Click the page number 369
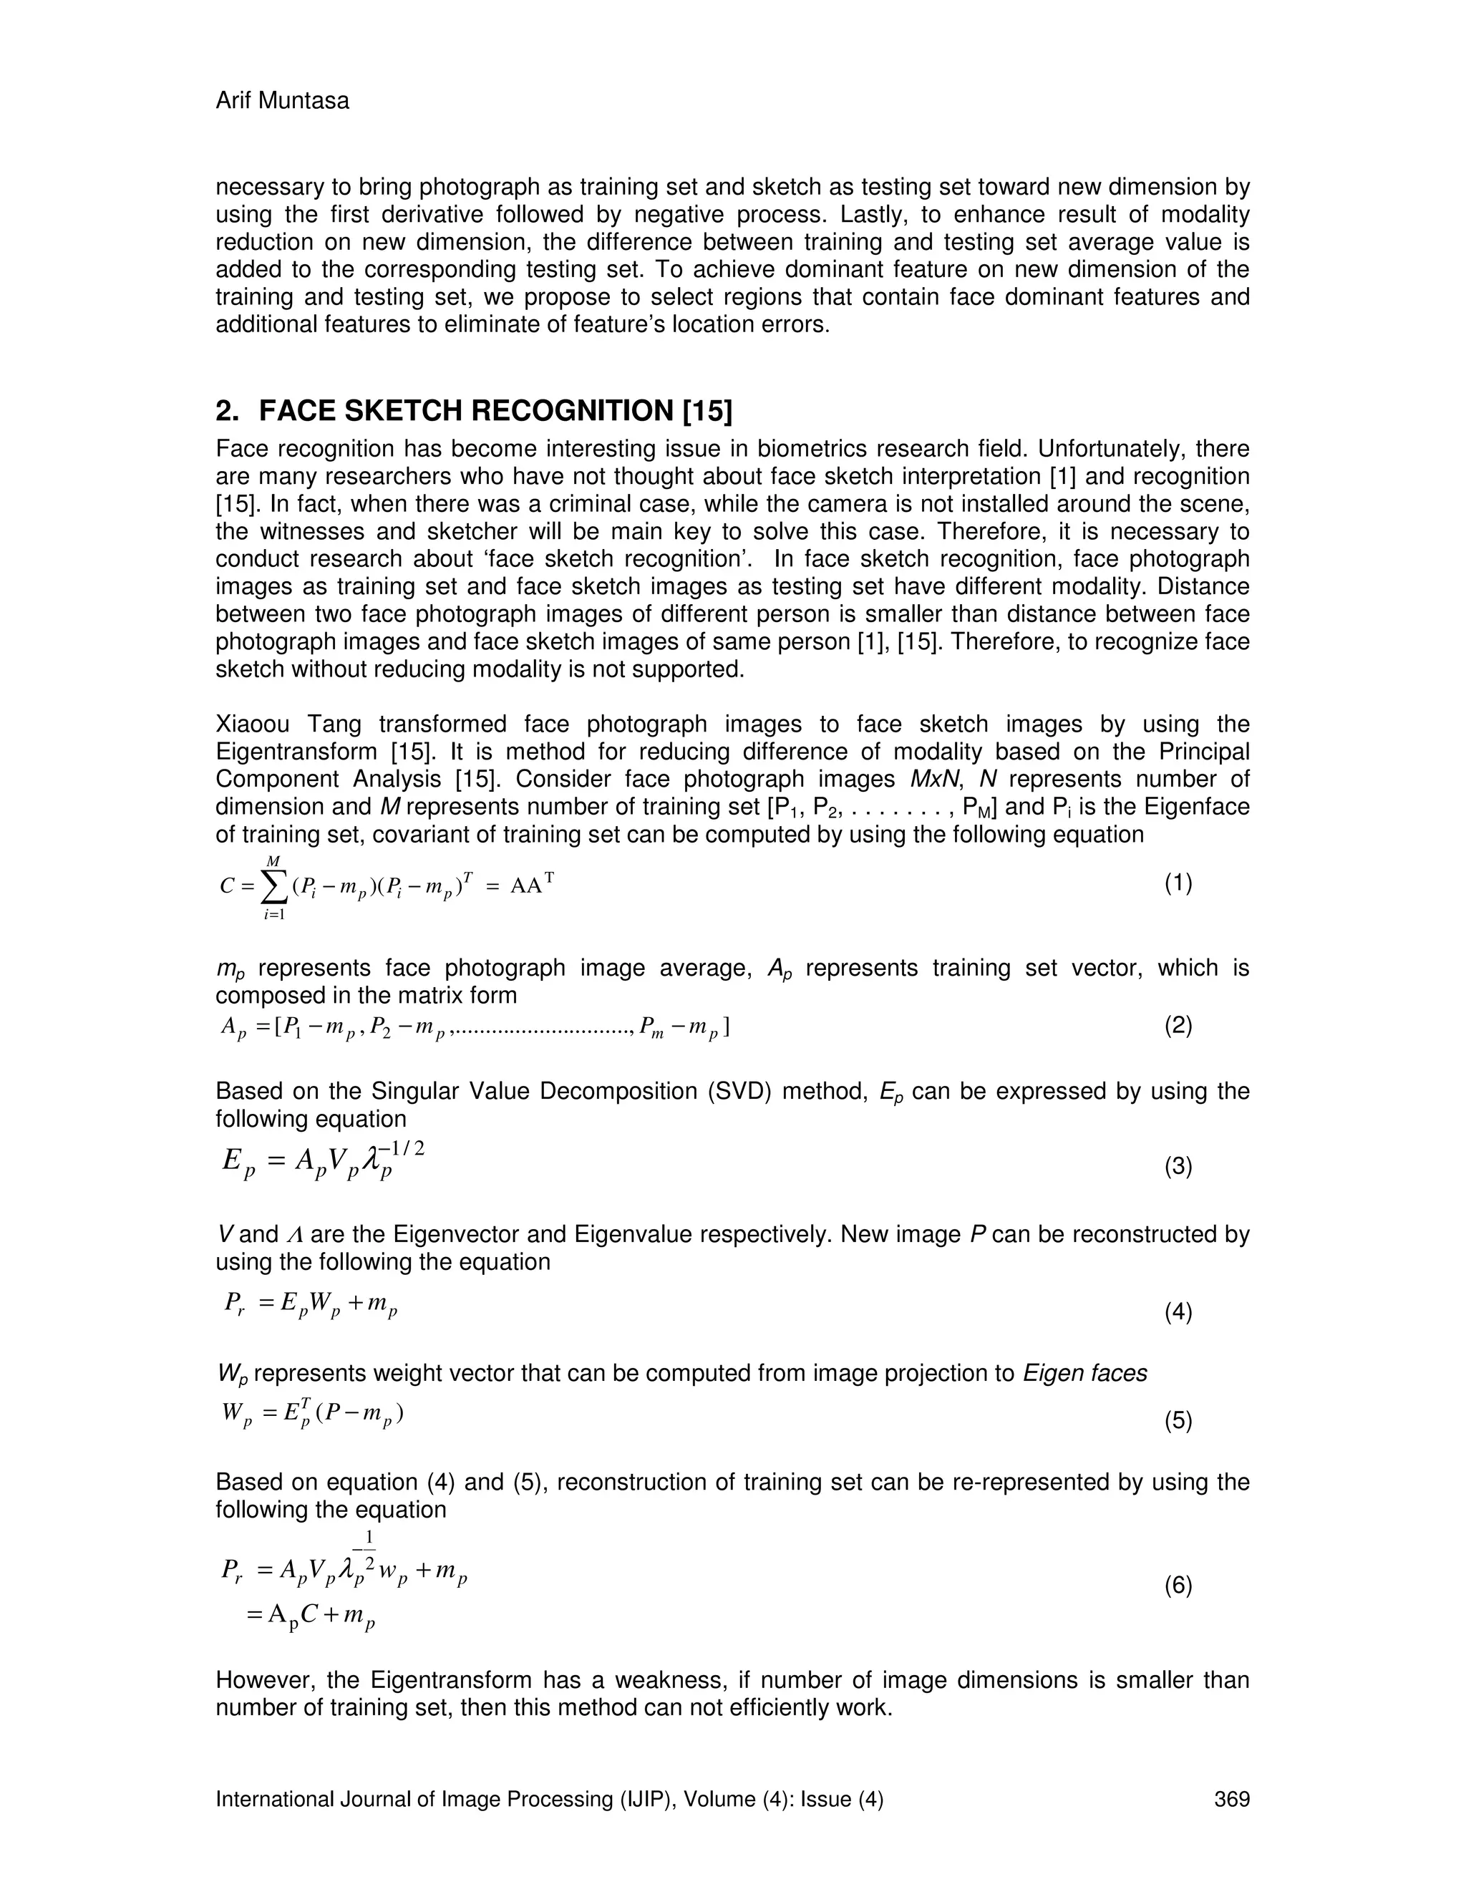[1231, 1799]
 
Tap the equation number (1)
[1178, 883]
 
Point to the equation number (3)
[1178, 1167]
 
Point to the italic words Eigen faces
[1084, 1373]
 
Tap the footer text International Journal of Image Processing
[445, 1799]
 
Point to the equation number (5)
[1178, 1421]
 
